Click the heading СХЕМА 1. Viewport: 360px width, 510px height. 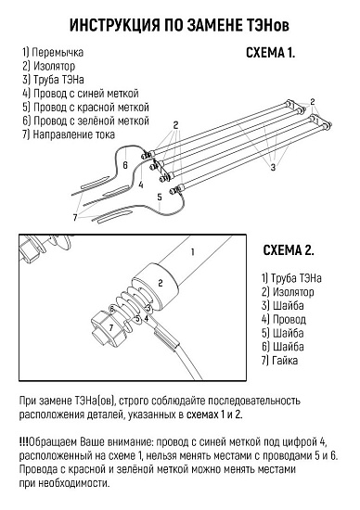pos(271,53)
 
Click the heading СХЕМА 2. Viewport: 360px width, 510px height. pos(289,250)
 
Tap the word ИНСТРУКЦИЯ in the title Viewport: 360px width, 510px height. pos(115,25)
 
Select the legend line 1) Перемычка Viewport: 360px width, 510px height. pos(53,52)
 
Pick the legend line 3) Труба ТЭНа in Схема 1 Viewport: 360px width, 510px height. pos(54,80)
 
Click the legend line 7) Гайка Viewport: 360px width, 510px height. pos(279,361)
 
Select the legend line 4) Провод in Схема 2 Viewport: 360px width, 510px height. pos(284,319)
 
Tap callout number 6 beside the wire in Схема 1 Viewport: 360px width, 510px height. pos(125,165)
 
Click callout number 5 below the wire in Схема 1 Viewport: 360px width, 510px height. pos(160,197)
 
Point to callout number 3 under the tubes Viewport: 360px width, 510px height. pos(274,167)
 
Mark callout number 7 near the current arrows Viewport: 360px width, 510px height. pos(75,217)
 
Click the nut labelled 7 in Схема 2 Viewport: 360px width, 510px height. pos(108,329)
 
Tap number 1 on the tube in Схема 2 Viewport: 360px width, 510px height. pos(193,252)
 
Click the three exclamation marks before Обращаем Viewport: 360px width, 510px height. pos(24,442)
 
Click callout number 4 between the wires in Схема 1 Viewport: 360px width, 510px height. pos(141,185)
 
